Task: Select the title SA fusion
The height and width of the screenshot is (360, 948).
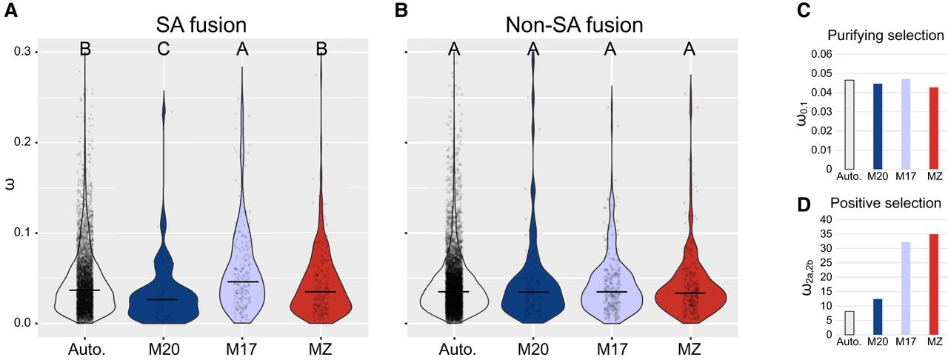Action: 201,24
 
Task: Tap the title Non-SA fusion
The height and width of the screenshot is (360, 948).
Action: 575,24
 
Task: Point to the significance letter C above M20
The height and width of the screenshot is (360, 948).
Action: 164,50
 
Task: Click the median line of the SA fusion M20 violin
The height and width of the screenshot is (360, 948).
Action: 161,299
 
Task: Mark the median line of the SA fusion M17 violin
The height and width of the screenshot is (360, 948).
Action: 243,281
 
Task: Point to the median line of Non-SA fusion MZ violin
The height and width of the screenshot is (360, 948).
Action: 690,293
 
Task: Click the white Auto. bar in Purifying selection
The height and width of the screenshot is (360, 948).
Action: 849,124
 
